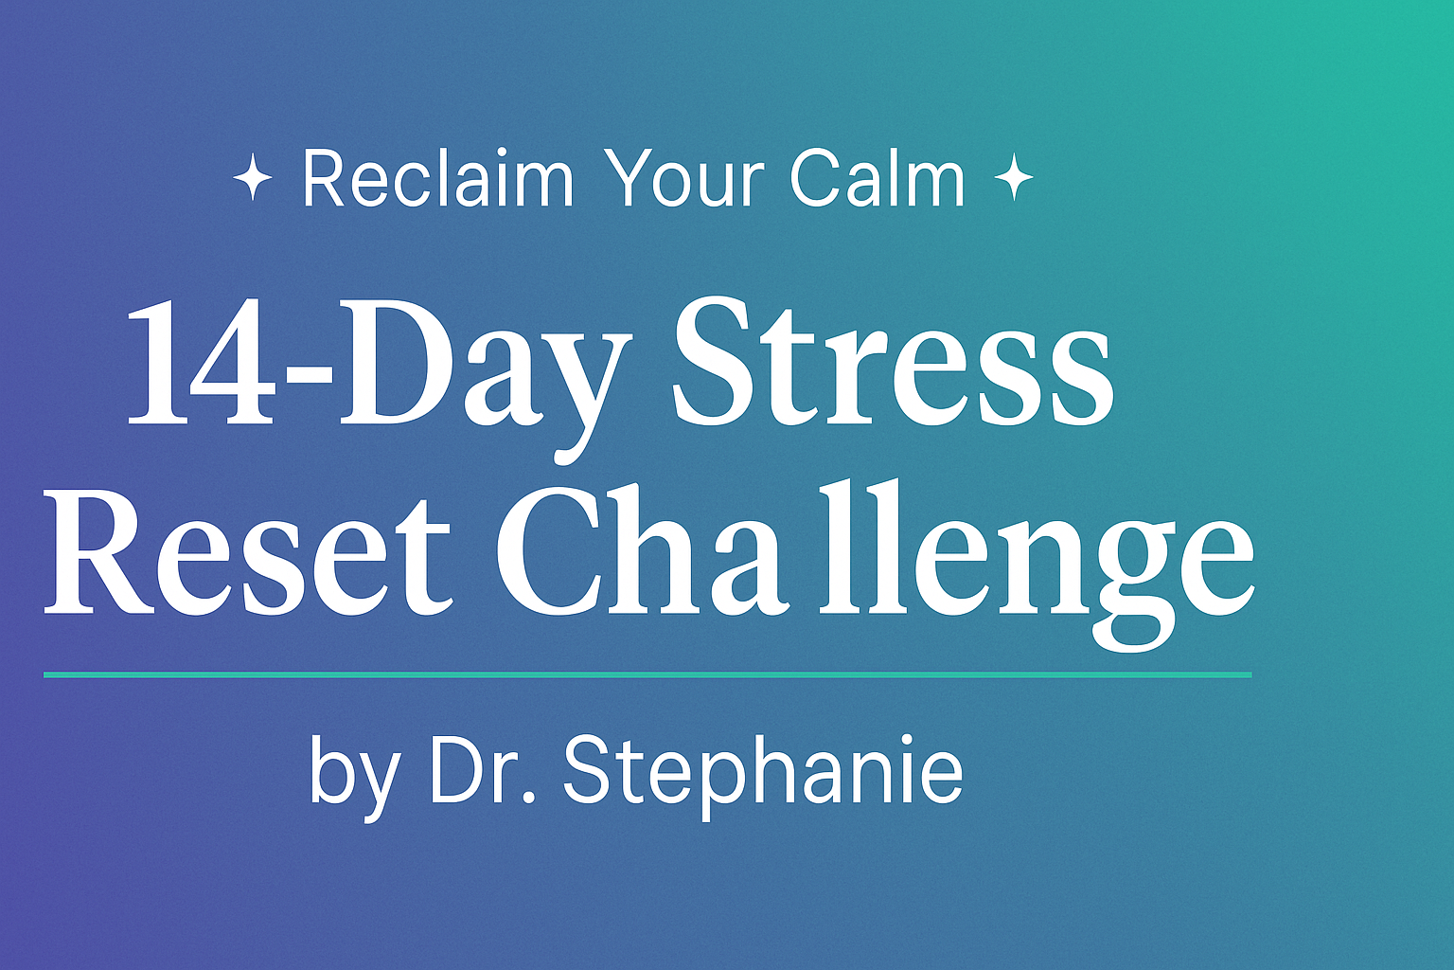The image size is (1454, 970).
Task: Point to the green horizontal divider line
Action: click(x=647, y=675)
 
